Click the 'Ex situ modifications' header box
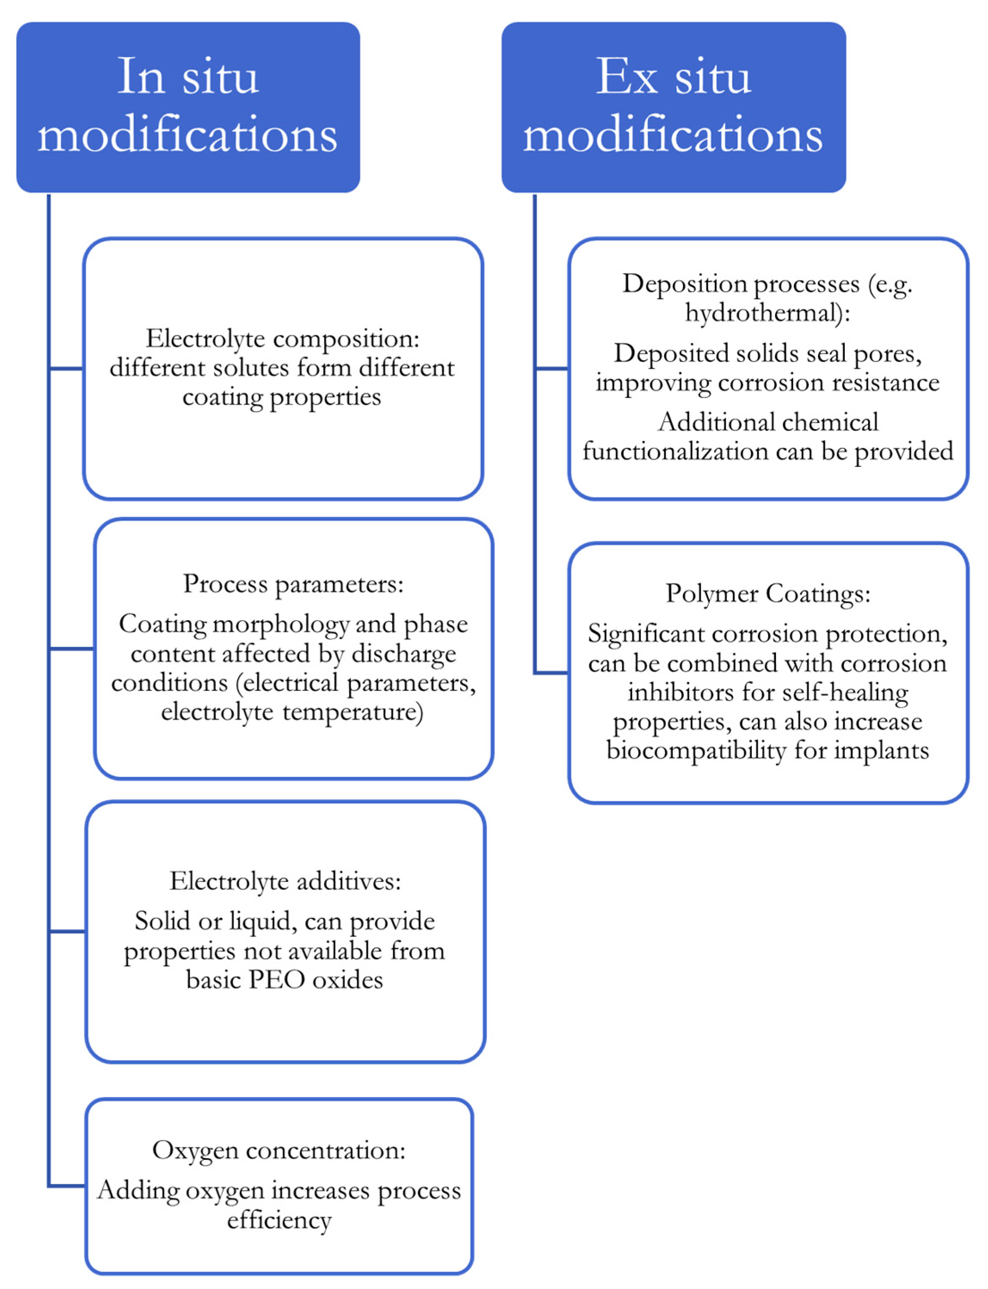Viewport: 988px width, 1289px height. (674, 107)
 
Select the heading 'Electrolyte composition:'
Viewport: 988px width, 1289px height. (282, 339)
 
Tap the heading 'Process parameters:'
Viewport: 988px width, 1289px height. (293, 584)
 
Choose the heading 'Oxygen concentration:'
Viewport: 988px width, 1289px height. (279, 1150)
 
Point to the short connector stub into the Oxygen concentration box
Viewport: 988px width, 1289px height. (67, 1185)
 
